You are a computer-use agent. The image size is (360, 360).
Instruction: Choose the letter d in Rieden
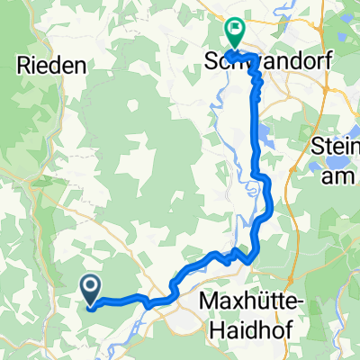pyautogui.click(x=58, y=64)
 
